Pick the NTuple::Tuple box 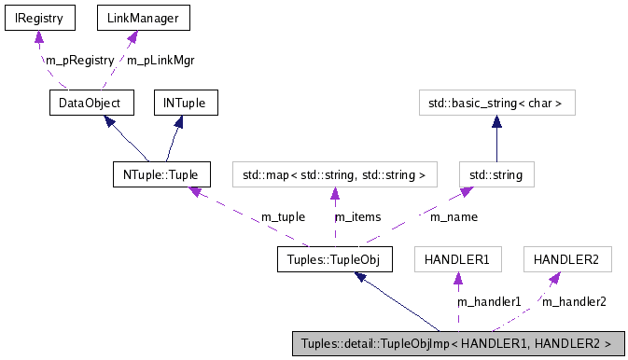click(x=160, y=173)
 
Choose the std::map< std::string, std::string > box click(x=334, y=173)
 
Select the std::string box click(x=495, y=173)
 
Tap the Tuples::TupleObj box click(x=333, y=258)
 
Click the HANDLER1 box click(x=457, y=258)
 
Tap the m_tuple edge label click(x=283, y=216)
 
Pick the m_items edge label click(x=358, y=216)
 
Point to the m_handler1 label click(x=488, y=301)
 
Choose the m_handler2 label click(x=574, y=301)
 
